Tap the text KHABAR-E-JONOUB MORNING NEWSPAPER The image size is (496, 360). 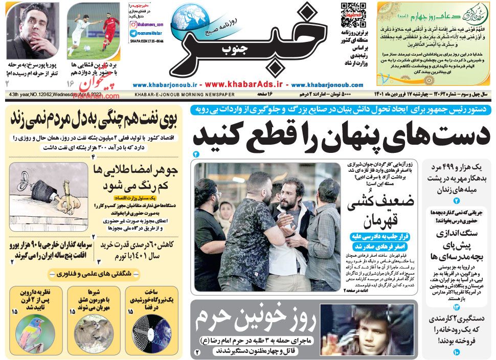pyautogui.click(x=185, y=95)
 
